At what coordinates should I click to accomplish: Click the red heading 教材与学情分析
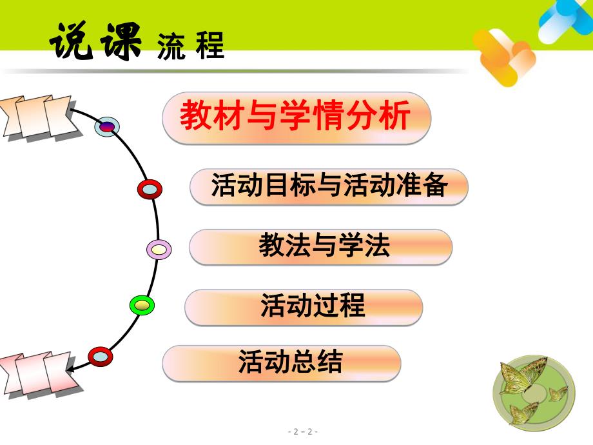[295, 117]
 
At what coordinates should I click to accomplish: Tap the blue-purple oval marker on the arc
[107, 126]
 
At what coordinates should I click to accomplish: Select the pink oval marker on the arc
[159, 249]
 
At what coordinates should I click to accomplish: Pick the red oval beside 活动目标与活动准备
[150, 189]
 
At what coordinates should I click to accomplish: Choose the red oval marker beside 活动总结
[100, 355]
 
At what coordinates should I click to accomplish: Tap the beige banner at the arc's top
[35, 116]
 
